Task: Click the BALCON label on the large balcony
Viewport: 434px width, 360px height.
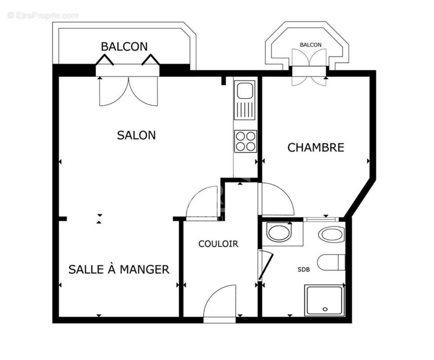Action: (x=124, y=46)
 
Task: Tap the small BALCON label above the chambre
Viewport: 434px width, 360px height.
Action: (x=311, y=45)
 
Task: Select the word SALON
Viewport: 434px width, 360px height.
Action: (x=136, y=135)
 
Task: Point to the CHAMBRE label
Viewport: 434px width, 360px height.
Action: (x=316, y=147)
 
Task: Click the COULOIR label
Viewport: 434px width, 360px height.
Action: (x=218, y=244)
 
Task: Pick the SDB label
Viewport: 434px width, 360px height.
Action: (x=303, y=270)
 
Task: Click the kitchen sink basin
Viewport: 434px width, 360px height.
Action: (x=245, y=90)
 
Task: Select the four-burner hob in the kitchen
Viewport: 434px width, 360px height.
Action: (x=245, y=141)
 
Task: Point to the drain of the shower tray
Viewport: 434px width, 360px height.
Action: (x=325, y=309)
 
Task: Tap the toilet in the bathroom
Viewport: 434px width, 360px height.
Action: (x=331, y=262)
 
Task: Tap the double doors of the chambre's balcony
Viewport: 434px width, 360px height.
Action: (x=309, y=67)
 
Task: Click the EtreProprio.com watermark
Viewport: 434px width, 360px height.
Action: (x=43, y=15)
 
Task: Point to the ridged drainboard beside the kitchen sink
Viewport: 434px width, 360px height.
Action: (x=245, y=110)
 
